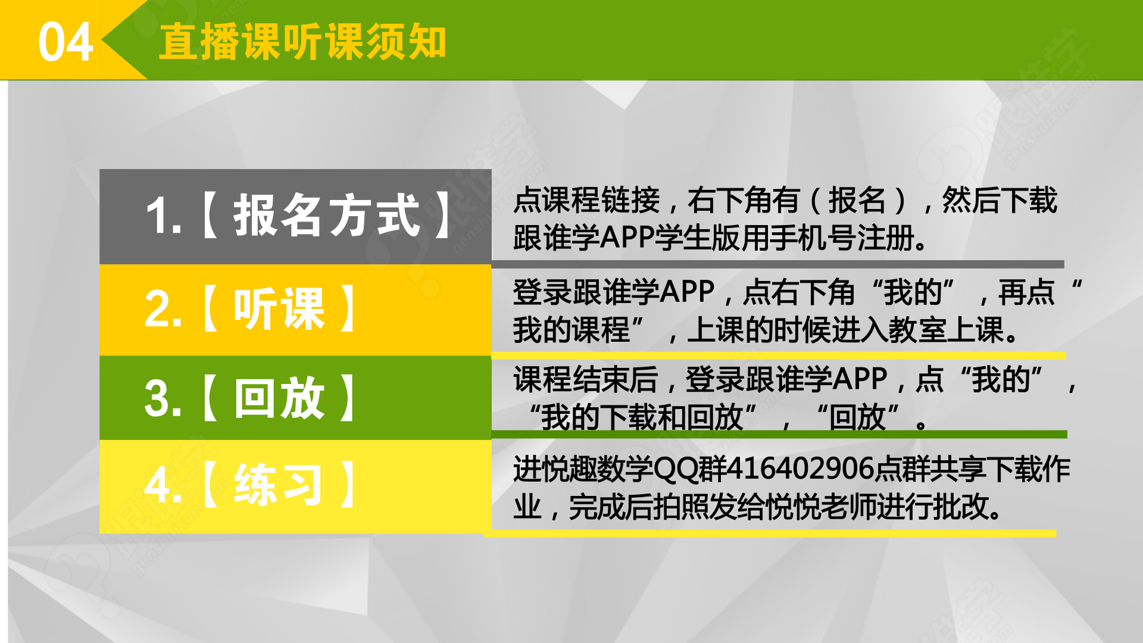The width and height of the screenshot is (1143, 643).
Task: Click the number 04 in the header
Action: [x=65, y=42]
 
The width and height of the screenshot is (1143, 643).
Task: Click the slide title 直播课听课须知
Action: [x=302, y=42]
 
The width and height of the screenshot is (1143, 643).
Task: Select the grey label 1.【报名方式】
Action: [x=295, y=216]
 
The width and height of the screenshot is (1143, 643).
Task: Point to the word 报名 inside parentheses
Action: [x=857, y=200]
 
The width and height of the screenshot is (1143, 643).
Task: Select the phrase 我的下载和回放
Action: [x=642, y=417]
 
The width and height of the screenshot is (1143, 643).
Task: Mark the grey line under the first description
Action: [x=777, y=264]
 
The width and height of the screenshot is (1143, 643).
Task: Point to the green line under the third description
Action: [x=779, y=435]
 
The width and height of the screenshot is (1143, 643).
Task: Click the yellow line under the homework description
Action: [x=770, y=533]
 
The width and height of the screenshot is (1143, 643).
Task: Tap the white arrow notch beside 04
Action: [x=124, y=40]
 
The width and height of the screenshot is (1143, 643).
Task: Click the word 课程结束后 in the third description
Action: [x=585, y=380]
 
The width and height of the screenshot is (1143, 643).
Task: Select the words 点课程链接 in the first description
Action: [x=586, y=200]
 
